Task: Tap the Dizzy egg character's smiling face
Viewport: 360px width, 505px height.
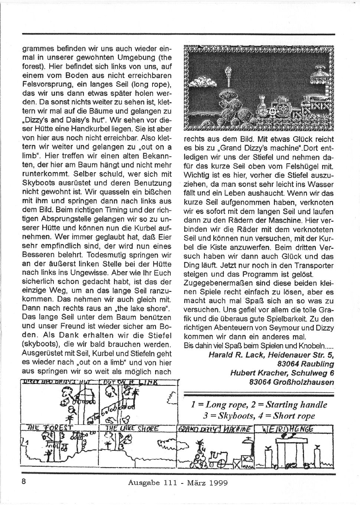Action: click(x=272, y=110)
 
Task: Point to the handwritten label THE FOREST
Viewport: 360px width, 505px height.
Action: click(x=49, y=428)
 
